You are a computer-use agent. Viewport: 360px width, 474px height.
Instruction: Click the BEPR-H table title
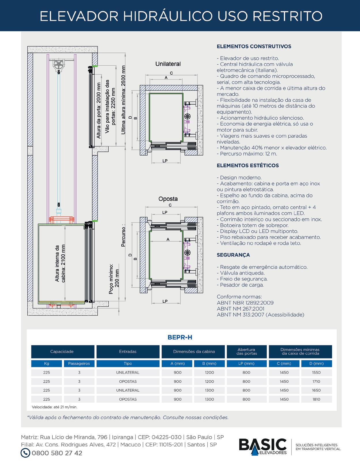coord(180,337)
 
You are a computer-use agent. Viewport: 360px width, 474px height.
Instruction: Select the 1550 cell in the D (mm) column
coord(316,372)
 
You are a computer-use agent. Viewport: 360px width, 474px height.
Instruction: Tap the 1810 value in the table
coord(316,399)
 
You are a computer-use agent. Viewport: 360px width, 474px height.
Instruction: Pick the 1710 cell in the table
coord(316,381)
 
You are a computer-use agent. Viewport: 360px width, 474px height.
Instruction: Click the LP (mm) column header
coord(246,363)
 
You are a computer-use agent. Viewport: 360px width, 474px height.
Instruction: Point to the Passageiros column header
coord(79,363)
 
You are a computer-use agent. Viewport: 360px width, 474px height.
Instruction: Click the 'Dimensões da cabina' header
coord(194,351)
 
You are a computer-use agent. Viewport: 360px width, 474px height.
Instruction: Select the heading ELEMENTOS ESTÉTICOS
coord(248,166)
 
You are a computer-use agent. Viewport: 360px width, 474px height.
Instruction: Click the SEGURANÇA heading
coord(233,255)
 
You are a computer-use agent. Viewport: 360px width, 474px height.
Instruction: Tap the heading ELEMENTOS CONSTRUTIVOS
coord(254,46)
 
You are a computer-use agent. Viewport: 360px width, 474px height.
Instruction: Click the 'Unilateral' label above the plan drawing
coord(168,64)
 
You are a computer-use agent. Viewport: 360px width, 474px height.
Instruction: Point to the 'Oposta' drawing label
coord(168,199)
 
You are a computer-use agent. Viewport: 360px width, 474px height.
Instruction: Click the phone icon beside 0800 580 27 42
coord(25,453)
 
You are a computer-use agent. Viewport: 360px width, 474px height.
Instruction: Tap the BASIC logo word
coord(263,445)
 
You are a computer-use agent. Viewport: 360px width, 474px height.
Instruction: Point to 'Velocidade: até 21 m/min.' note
coord(55,407)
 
